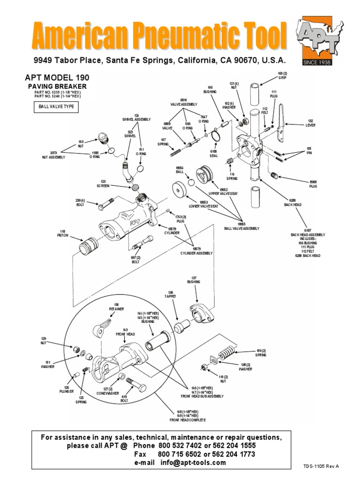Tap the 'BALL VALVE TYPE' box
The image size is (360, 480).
click(55, 107)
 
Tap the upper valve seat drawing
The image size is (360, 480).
click(204, 175)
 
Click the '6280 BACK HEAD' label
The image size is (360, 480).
click(295, 203)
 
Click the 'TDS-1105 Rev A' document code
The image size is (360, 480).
click(321, 466)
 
